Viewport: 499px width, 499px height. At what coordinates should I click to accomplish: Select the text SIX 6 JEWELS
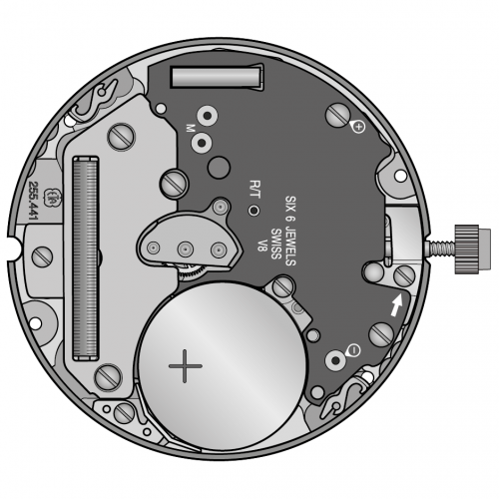[x=291, y=223]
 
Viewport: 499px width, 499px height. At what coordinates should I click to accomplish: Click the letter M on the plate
[x=189, y=128]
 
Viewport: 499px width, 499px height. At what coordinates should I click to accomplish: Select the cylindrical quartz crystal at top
[x=216, y=77]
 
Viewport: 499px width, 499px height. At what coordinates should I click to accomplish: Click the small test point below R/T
[x=253, y=212]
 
